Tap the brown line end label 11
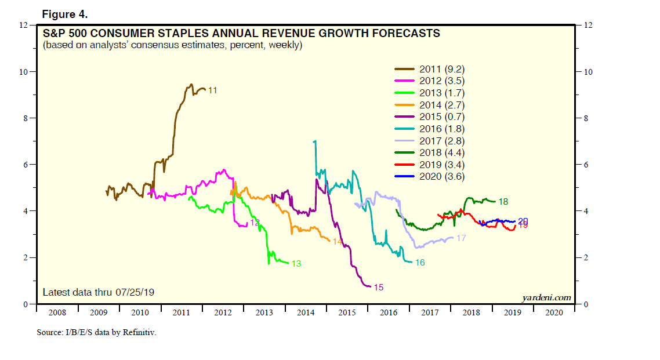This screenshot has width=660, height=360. coord(212,90)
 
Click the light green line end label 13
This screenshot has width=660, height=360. coord(296,264)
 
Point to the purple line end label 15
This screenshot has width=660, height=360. coord(378,287)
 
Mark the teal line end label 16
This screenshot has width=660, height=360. coord(420,263)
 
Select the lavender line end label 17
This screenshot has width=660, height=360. coord(462,238)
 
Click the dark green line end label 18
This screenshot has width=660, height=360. coord(503,202)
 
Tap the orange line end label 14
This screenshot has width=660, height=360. coord(336,241)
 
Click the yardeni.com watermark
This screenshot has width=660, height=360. coord(546,297)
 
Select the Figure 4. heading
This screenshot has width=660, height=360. coord(64,14)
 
